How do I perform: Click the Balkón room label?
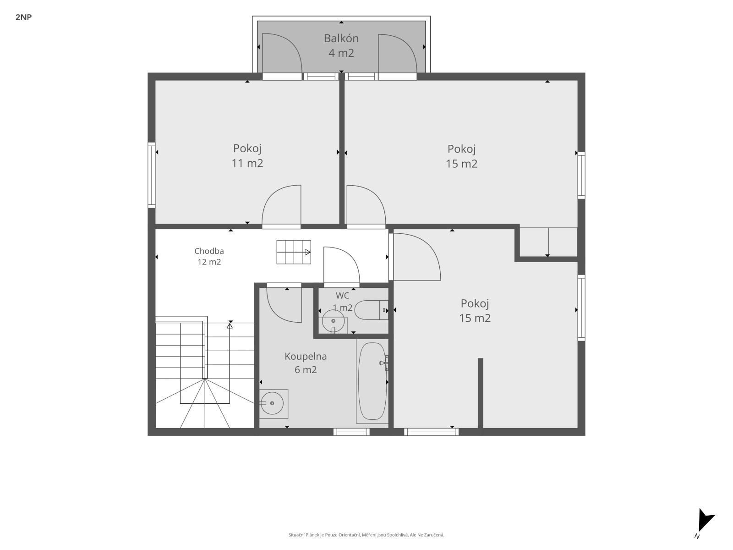point(341,38)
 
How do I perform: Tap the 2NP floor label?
point(23,17)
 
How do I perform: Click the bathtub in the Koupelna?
point(372,381)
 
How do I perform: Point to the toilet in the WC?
point(371,310)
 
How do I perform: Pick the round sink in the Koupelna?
point(272,403)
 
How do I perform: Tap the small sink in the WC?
point(333,322)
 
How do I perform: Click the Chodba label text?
point(209,251)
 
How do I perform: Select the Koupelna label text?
point(306,356)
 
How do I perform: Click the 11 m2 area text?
point(247,163)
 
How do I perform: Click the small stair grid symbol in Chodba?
point(294,252)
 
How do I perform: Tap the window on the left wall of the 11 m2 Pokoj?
point(152,175)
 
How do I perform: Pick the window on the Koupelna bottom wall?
point(351,432)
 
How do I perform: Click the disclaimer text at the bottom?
point(366,534)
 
